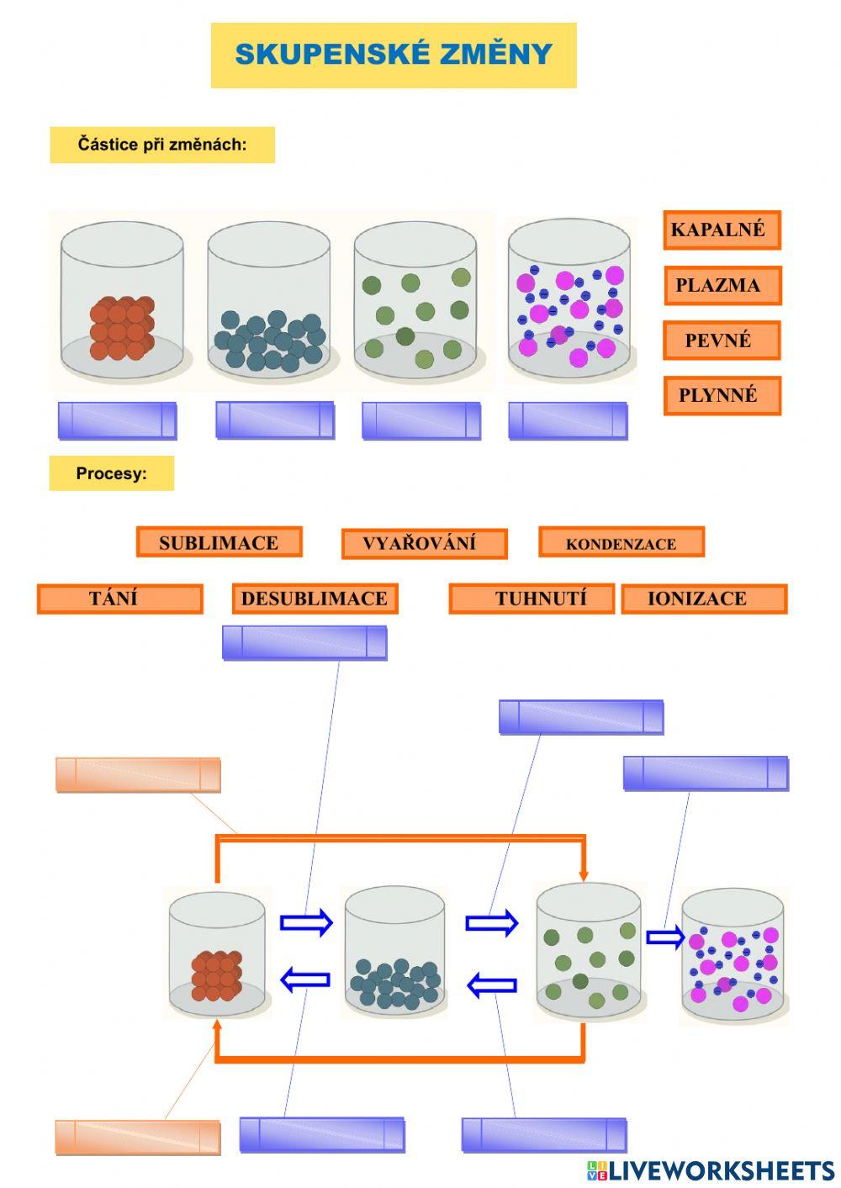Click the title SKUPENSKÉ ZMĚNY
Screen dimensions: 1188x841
pyautogui.click(x=394, y=55)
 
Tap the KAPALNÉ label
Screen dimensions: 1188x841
pyautogui.click(x=722, y=230)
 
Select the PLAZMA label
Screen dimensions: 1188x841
pyautogui.click(x=722, y=285)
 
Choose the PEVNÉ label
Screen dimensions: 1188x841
pyautogui.click(x=722, y=341)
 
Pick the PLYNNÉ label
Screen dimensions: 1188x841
pyautogui.click(x=722, y=395)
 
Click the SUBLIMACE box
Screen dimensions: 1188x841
pyautogui.click(x=219, y=542)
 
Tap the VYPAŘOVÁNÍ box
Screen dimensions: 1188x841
pyautogui.click(x=424, y=543)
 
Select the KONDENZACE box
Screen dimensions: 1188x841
pyautogui.click(x=621, y=543)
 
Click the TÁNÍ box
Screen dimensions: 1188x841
pyautogui.click(x=119, y=599)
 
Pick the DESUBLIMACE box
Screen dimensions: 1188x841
pyautogui.click(x=315, y=599)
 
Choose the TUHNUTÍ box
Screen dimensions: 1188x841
pyautogui.click(x=532, y=599)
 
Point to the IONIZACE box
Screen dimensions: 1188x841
pyautogui.click(x=704, y=599)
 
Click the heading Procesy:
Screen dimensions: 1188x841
pyautogui.click(x=111, y=473)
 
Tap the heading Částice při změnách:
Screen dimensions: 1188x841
pyautogui.click(x=162, y=145)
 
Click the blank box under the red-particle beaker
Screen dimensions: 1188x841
pyautogui.click(x=117, y=420)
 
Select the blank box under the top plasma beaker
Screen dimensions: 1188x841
pyautogui.click(x=568, y=420)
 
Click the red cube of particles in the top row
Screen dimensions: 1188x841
pyautogui.click(x=123, y=327)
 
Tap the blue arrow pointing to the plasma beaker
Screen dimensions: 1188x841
pyautogui.click(x=665, y=937)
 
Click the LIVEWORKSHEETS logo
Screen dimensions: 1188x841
pyautogui.click(x=711, y=1170)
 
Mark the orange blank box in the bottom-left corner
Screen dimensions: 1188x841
pyautogui.click(x=138, y=1137)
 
